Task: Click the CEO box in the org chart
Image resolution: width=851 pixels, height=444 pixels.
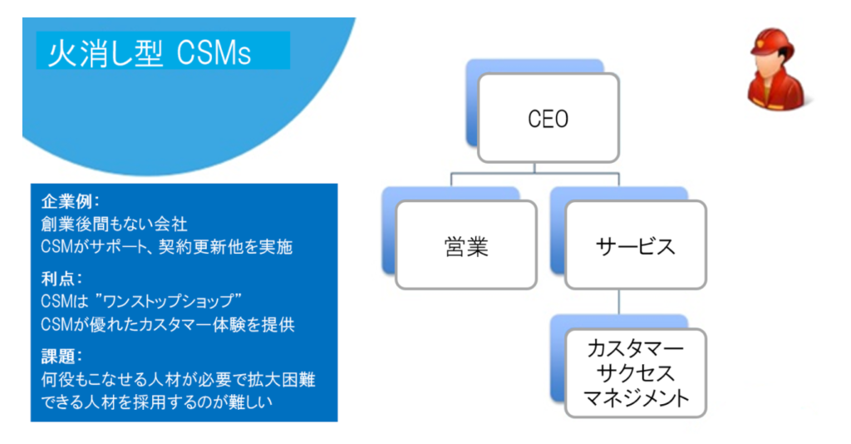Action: pyautogui.click(x=548, y=118)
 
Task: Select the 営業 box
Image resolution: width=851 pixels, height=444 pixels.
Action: pyautogui.click(x=466, y=244)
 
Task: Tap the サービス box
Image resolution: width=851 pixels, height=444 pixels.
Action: pyautogui.click(x=636, y=244)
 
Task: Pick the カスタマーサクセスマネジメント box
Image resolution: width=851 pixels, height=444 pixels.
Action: pyautogui.click(x=636, y=372)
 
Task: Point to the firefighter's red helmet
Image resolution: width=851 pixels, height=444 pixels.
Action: pyautogui.click(x=772, y=42)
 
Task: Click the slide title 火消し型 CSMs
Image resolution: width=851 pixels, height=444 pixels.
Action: pyautogui.click(x=150, y=53)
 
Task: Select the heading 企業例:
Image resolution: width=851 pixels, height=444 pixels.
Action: pyautogui.click(x=71, y=202)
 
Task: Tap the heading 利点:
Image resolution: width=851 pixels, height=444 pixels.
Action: pyautogui.click(x=61, y=279)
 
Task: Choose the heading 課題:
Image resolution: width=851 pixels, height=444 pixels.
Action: pyautogui.click(x=61, y=356)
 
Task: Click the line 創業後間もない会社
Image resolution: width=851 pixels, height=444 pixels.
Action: pyautogui.click(x=114, y=224)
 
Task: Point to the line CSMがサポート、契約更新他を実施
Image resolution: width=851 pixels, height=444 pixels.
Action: pyautogui.click(x=166, y=247)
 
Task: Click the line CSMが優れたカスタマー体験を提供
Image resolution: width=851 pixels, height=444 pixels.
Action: pyautogui.click(x=168, y=324)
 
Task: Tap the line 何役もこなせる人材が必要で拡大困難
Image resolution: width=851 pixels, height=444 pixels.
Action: pyautogui.click(x=178, y=379)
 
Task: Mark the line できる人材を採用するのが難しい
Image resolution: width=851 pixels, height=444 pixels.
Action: pyautogui.click(x=157, y=402)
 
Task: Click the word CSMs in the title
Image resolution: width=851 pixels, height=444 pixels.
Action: pyautogui.click(x=214, y=54)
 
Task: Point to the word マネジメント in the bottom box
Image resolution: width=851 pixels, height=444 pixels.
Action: pyautogui.click(x=636, y=398)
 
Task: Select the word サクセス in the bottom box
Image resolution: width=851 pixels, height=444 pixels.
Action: pyautogui.click(x=636, y=373)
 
